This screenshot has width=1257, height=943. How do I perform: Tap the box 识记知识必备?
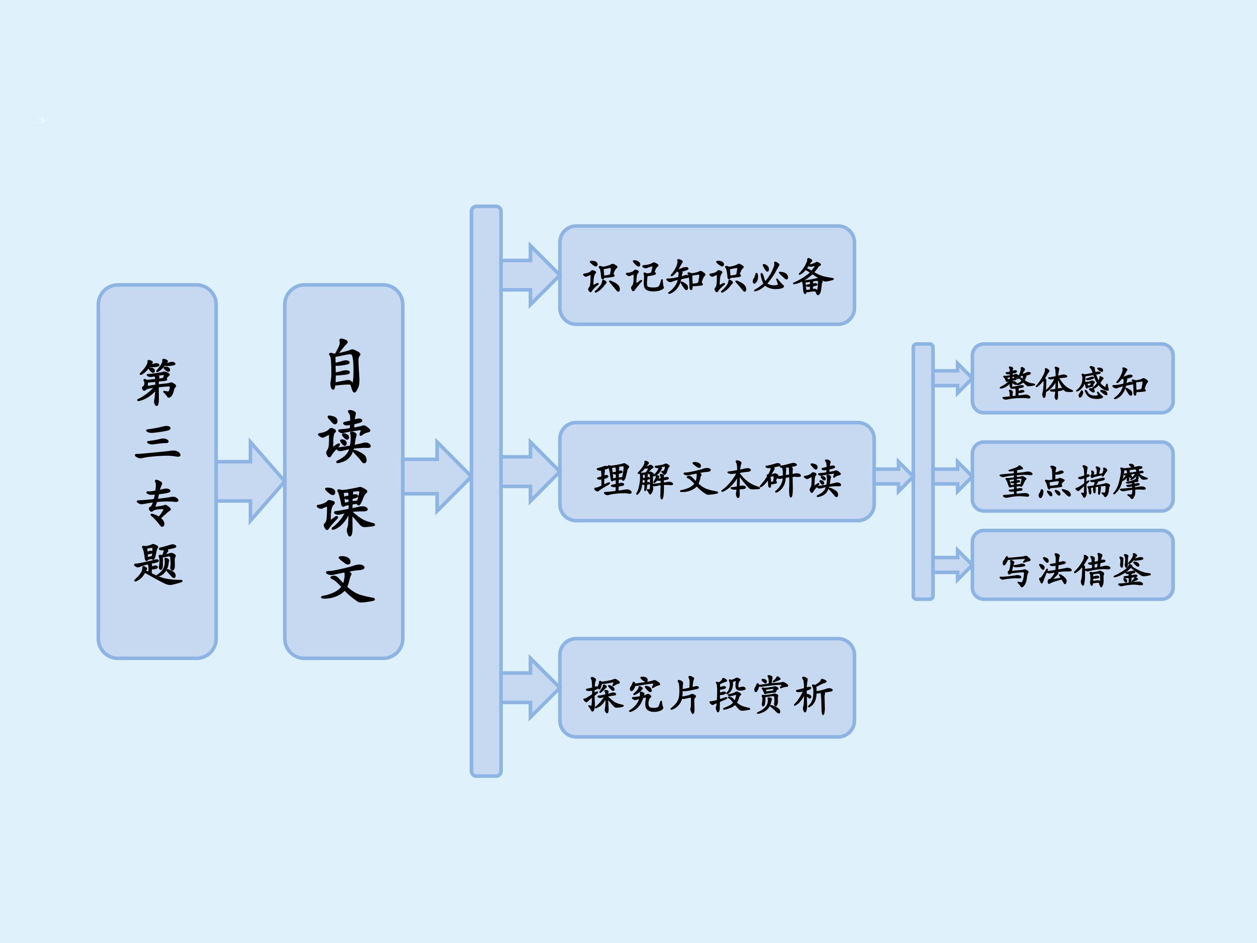coord(707,275)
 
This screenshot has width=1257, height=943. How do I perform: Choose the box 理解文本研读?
coord(717,472)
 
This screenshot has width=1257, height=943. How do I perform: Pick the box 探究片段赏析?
coord(707,688)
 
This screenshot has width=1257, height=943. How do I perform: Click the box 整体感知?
coord(1072,379)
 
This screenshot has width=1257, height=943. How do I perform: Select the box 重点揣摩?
coord(1072,476)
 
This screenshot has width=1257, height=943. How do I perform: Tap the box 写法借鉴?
coord(1072,565)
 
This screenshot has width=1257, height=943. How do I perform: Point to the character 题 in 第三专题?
coord(158,564)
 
